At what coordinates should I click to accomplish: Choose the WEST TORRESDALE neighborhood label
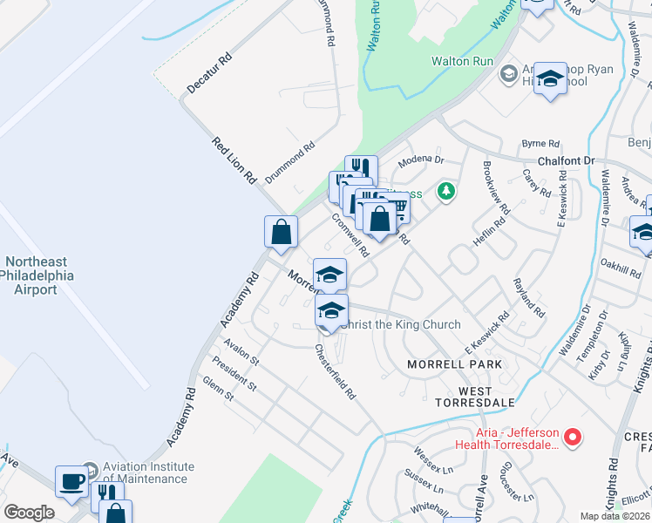coord(475,397)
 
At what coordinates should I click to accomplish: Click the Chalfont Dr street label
coord(565,161)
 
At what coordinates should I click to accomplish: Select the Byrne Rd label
coord(540,143)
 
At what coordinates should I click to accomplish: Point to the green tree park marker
coord(446,190)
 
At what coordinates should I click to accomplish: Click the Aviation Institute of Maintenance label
coord(145,473)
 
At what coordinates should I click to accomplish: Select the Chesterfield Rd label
coord(336,370)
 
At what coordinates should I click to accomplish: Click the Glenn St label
coord(217,389)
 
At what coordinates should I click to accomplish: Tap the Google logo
coord(29,513)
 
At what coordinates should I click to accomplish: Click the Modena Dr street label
coord(421,161)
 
